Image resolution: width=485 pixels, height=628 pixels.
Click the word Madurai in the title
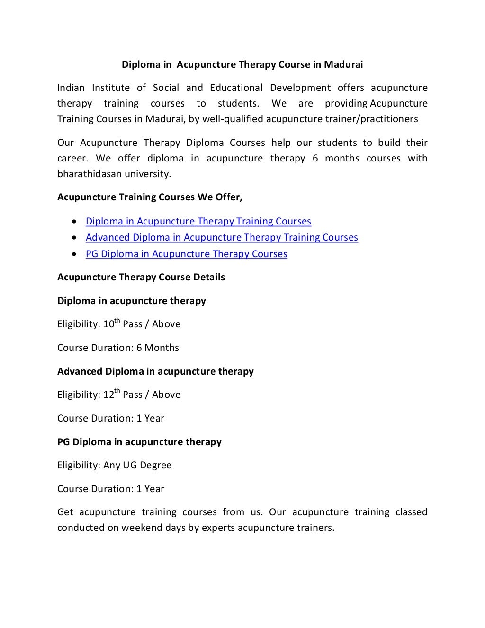343,64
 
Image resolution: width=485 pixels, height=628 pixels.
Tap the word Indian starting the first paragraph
71,88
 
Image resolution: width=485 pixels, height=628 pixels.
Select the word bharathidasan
90,174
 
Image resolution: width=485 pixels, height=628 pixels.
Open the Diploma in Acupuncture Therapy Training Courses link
198,221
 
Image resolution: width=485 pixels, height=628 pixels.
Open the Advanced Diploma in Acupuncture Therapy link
222,237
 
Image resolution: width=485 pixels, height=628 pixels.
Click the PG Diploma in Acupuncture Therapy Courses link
186,254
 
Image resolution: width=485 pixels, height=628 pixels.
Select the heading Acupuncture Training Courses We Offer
150,197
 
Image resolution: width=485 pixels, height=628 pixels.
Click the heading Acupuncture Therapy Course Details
141,277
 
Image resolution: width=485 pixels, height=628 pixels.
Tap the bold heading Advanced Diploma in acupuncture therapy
155,371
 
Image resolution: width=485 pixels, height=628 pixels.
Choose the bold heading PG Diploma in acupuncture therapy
139,442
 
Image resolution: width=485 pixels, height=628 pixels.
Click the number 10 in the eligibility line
108,324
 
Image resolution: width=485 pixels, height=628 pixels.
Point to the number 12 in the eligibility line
108,395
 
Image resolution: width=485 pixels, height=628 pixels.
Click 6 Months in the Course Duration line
158,348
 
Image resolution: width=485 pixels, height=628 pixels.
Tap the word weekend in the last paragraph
141,528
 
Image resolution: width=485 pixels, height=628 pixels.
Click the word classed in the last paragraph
411,512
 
